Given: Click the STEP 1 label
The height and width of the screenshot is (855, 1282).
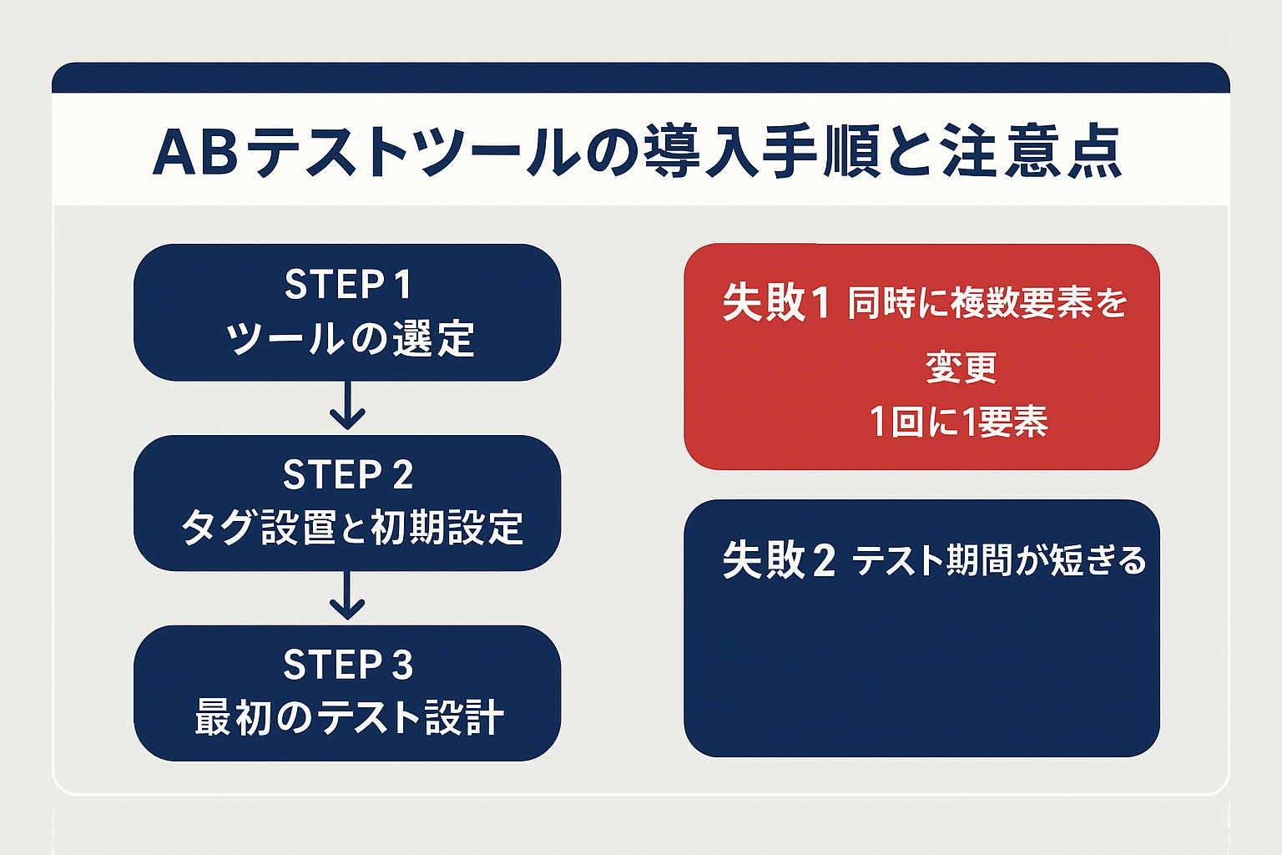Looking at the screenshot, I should pos(347,285).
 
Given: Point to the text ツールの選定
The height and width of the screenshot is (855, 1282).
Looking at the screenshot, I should pos(349,339).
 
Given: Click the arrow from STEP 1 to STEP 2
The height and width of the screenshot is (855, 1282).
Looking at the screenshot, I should pos(347,407).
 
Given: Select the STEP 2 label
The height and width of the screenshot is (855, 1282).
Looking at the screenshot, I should pos(347,475).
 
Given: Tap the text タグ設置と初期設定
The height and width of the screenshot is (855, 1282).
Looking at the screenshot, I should pos(351,528).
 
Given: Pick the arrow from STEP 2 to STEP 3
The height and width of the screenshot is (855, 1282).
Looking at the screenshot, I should pos(347,597).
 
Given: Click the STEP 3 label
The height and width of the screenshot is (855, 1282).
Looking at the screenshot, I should pos(347,665).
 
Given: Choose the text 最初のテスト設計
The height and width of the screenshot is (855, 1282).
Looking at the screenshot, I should pos(349,718).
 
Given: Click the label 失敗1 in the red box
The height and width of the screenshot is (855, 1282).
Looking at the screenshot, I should pos(775,302).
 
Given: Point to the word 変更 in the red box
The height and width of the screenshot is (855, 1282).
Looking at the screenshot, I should pos(961,367).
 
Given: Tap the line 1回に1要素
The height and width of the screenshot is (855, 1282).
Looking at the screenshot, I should pos(958,422).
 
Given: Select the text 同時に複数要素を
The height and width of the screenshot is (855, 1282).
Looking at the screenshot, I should pos(987,303).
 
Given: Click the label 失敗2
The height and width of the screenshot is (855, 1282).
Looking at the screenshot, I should pos(778,560).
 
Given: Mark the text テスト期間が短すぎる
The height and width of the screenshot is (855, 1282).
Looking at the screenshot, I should pos(999,560).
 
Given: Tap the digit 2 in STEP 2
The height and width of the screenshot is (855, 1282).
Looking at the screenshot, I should pos(402,475).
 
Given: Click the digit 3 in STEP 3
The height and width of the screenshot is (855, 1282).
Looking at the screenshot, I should pos(402,665).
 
